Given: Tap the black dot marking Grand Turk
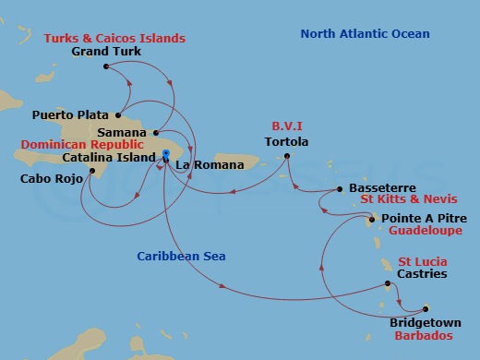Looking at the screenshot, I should click(x=107, y=66).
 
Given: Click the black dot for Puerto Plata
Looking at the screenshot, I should click(x=118, y=115).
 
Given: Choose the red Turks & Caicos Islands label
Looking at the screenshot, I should click(x=114, y=38).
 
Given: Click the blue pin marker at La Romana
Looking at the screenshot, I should click(x=165, y=155).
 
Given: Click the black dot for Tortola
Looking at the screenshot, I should click(x=287, y=156).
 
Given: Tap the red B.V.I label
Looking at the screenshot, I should click(x=286, y=127).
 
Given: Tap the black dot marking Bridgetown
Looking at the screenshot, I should click(x=426, y=309).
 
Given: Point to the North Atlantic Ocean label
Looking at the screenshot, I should click(x=365, y=35).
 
